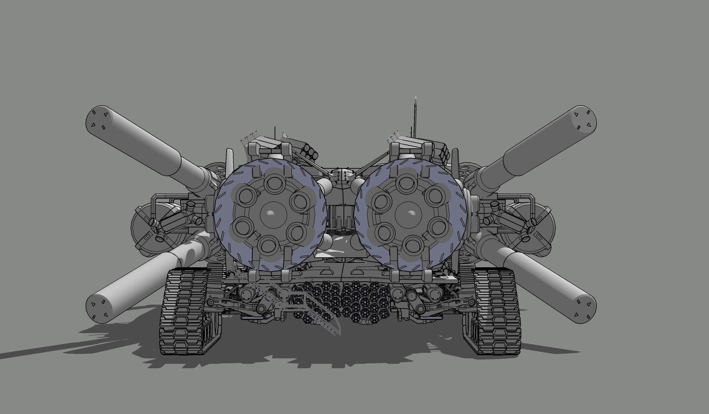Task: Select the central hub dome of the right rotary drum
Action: (x=411, y=214)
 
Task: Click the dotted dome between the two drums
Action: (x=341, y=175)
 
